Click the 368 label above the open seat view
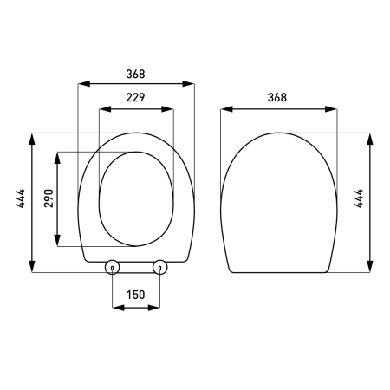point(135,75)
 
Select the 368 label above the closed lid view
point(277,98)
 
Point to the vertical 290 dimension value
point(49,199)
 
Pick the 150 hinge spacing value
point(135,295)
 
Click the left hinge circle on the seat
point(112,268)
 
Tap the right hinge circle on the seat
point(159,268)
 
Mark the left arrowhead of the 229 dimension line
point(101,109)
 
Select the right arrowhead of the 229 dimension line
point(171,109)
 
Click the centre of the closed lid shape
point(279,204)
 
